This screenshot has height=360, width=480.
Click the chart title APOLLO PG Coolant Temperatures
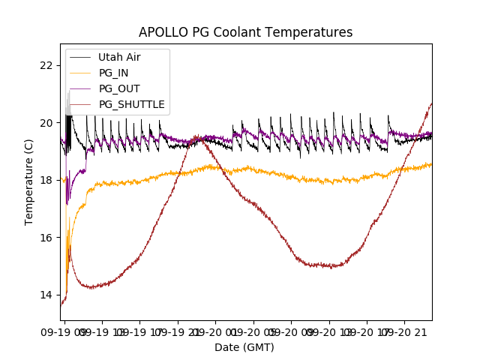(245, 32)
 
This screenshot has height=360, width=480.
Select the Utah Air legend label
(119, 57)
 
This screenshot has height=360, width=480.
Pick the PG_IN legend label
(113, 73)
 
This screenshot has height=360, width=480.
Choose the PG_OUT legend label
(118, 88)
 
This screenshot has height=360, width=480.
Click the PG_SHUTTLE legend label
(131, 104)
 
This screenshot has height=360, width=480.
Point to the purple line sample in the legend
(79, 88)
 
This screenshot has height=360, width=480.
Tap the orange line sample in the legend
(79, 73)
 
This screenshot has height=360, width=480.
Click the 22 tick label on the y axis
(47, 65)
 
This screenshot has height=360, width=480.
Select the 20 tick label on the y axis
(47, 123)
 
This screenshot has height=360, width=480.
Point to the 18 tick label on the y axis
(47, 180)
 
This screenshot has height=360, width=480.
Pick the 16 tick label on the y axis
(47, 238)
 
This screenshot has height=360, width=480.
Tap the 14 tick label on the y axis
(47, 295)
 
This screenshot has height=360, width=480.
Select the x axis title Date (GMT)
(244, 347)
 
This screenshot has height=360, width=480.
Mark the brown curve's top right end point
(431, 103)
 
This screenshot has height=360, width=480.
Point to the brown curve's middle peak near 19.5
(197, 136)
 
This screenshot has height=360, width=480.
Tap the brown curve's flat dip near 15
(330, 265)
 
